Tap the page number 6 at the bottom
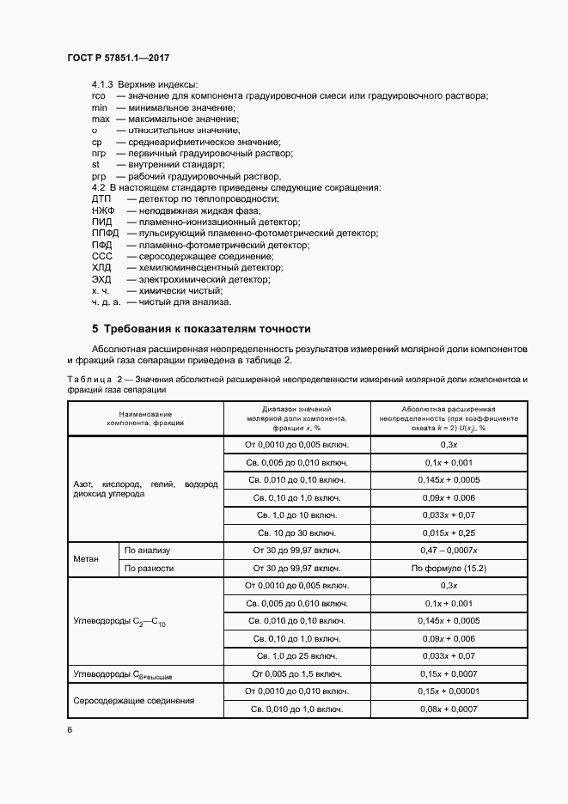[x=70, y=729]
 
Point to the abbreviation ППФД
[x=105, y=233]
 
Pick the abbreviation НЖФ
[x=102, y=210]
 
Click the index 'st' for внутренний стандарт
[x=96, y=164]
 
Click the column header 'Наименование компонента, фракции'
[x=145, y=418]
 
